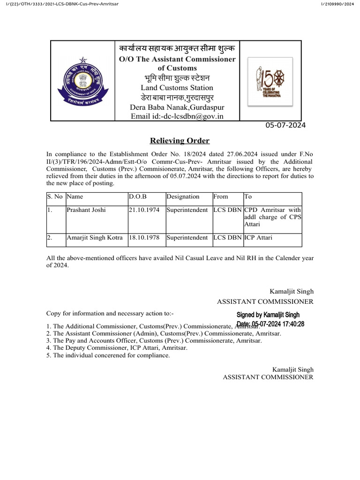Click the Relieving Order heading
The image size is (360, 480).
click(x=180, y=141)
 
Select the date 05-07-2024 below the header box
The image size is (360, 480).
click(x=285, y=126)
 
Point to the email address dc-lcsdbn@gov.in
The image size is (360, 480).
click(x=177, y=116)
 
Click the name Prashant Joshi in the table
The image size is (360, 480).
click(x=86, y=210)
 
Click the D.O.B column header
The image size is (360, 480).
click(x=138, y=197)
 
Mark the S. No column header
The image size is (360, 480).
click(x=55, y=197)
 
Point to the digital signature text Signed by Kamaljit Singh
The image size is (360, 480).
click(x=268, y=315)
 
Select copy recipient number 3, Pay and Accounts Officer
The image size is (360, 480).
click(x=154, y=340)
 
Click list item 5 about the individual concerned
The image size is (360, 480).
click(x=108, y=355)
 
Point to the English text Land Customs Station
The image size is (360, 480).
click(x=177, y=88)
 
